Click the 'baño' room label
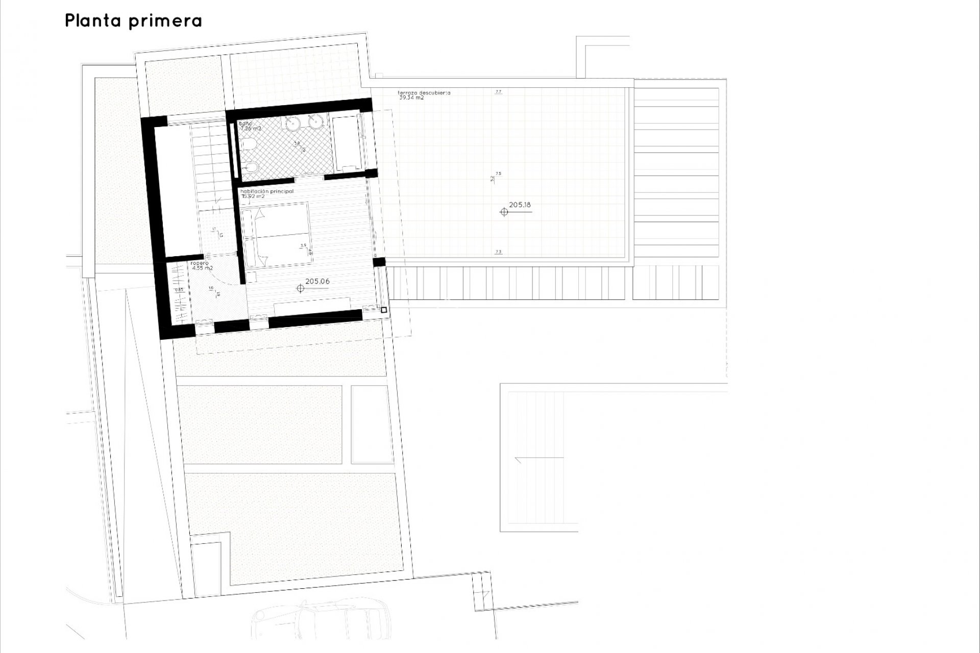coord(246,123)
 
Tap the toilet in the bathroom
coord(249,145)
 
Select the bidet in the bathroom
coord(249,167)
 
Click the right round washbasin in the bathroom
coord(316,122)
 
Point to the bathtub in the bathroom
coord(347,143)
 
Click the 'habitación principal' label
coord(267,191)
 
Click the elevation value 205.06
coord(317,281)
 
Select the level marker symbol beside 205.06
coord(300,289)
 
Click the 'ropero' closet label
coord(200,263)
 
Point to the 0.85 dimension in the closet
coord(179,290)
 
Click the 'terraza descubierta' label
coord(424,93)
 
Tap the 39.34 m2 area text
coord(411,97)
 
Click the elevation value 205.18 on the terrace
coord(520,205)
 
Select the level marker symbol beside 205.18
coord(504,212)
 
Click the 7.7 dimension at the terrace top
coord(499,92)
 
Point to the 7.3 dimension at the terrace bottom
coord(499,252)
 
